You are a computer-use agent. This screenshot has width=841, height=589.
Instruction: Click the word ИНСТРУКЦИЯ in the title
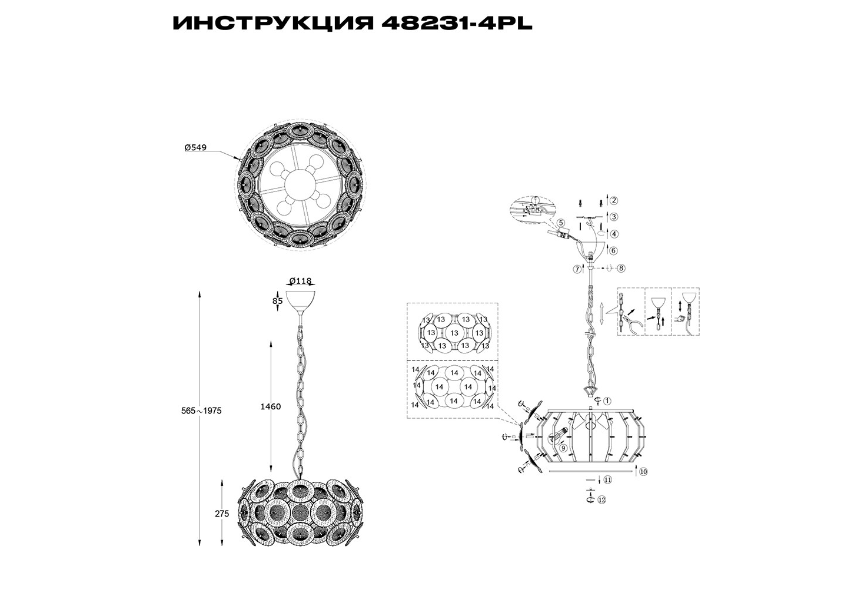click(x=273, y=24)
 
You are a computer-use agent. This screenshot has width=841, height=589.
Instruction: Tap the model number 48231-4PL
click(x=457, y=24)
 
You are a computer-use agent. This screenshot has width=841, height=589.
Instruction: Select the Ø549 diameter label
click(x=195, y=148)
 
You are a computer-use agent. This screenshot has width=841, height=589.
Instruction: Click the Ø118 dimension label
click(x=300, y=280)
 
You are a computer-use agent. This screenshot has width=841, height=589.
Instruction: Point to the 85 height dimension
click(x=277, y=301)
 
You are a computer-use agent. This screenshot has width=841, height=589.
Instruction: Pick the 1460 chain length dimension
click(x=271, y=406)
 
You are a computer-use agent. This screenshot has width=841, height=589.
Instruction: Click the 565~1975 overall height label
click(x=202, y=411)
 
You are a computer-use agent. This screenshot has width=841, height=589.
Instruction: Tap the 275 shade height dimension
click(x=222, y=514)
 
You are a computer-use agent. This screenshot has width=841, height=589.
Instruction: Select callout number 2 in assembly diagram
click(x=613, y=201)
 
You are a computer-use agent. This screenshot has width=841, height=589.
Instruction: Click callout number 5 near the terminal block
click(x=561, y=223)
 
